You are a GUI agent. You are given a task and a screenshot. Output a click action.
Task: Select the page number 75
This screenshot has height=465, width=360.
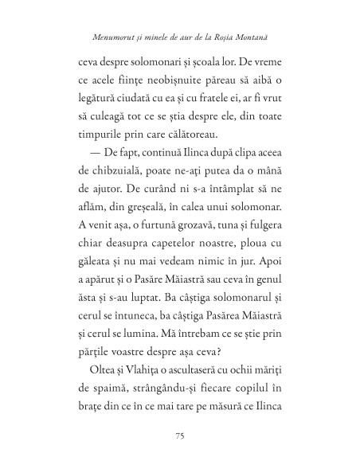point(179,435)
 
